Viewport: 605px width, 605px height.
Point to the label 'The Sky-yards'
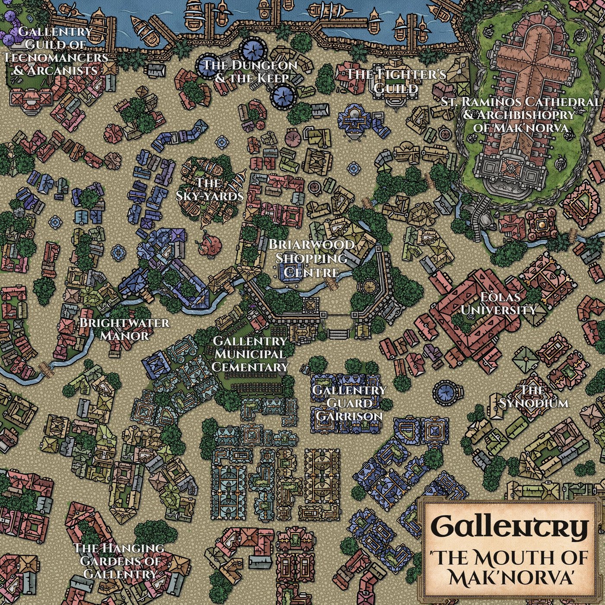pos(210,189)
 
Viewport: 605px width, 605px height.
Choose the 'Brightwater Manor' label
pos(124,329)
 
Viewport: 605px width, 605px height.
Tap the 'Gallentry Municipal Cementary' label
pos(250,354)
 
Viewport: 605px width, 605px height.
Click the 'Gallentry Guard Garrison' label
pos(349,403)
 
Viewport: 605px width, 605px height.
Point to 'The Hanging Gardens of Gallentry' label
pos(119,560)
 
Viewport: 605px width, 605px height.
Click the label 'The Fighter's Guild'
pos(396,81)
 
